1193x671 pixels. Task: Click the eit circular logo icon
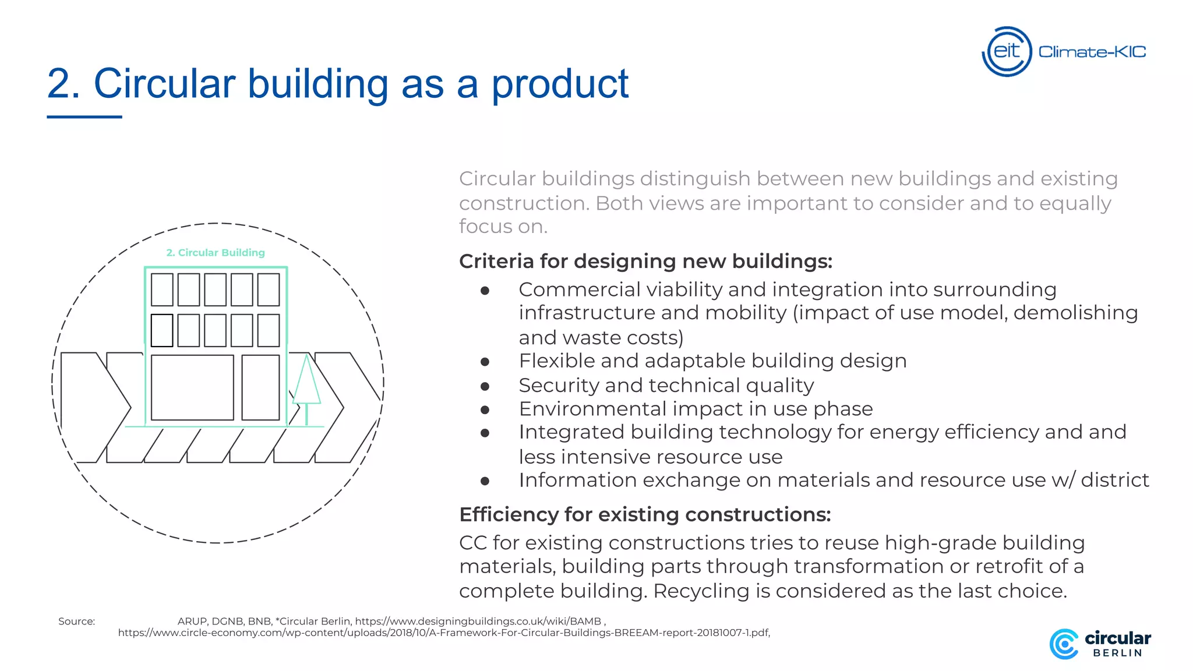[1007, 51]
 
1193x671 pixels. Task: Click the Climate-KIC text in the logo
[1092, 52]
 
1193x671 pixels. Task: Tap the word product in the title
[560, 84]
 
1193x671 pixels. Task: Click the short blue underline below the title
[84, 117]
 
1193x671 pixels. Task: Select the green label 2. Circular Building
[216, 252]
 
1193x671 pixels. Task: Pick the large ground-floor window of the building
[192, 387]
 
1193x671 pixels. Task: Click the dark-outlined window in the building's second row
[162, 330]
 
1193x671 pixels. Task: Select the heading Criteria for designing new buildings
[645, 261]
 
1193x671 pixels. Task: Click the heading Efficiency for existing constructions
[645, 514]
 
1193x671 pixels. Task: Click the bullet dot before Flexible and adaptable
[485, 362]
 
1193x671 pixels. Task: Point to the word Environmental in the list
[592, 409]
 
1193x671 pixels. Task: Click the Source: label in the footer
[76, 621]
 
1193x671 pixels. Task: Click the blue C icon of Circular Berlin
[1064, 644]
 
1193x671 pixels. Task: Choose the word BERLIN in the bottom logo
[1117, 653]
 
